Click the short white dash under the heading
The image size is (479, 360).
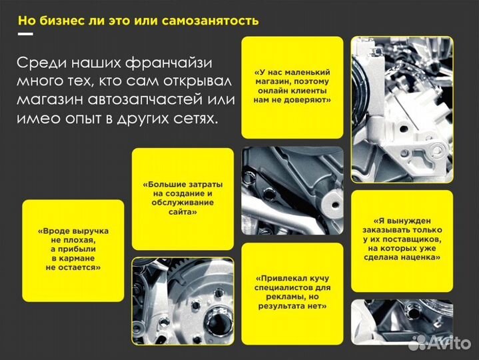pyautogui.click(x=25, y=33)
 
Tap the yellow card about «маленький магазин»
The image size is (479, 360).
pyautogui.click(x=292, y=87)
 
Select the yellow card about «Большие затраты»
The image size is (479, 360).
pyautogui.click(x=183, y=197)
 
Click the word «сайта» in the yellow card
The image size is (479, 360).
pyautogui.click(x=183, y=211)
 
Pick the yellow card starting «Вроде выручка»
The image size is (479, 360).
pyautogui.click(x=73, y=249)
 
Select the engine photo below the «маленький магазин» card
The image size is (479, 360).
pyautogui.click(x=292, y=191)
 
